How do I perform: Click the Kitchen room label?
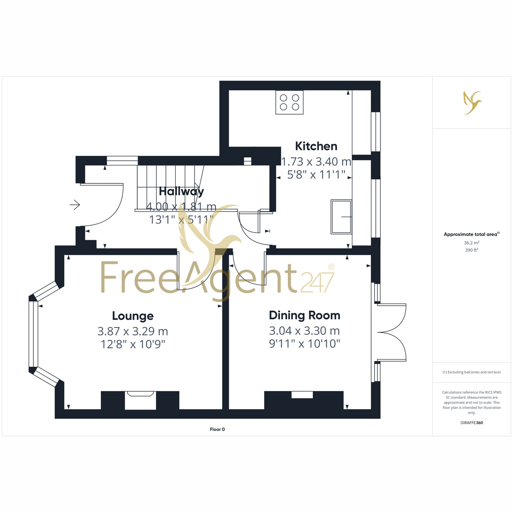coord(316,147)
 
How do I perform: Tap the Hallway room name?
coord(181,192)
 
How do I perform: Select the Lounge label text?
coord(133,316)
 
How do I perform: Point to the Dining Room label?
coord(304,315)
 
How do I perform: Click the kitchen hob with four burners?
coord(289,103)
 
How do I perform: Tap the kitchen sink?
coord(341,217)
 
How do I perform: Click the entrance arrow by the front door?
coord(75,205)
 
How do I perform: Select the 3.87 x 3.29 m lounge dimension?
coord(133,331)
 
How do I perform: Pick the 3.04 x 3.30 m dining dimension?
coord(304,331)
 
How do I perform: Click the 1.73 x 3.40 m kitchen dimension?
coord(316,162)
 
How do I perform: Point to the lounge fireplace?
coord(140,401)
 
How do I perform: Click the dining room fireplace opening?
coord(302,395)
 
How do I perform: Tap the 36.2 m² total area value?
coord(472,243)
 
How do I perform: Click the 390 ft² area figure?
coord(472,250)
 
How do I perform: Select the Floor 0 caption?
coord(217,429)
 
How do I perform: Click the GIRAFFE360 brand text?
coord(472,423)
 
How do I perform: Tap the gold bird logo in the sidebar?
coord(472,103)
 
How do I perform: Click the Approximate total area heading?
coord(472,234)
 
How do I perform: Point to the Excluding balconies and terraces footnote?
coord(472,372)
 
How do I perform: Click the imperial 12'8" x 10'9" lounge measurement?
coord(133,345)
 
